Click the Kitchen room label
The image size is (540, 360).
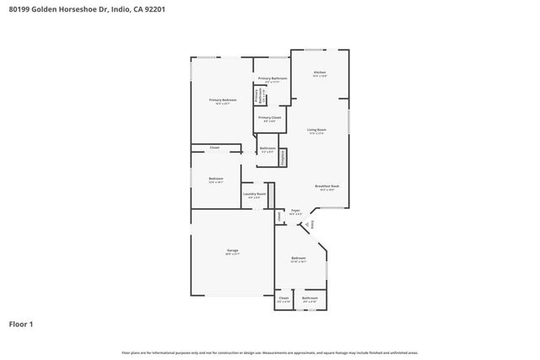click(320, 73)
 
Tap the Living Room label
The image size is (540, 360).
click(318, 129)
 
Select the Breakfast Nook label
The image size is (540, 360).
click(327, 186)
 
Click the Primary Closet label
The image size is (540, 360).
click(269, 118)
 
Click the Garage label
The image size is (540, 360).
click(232, 250)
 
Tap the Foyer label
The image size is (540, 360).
click(295, 210)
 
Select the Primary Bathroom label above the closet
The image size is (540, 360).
click(273, 78)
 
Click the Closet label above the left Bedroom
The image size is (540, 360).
click(214, 148)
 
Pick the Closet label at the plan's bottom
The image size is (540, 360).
click(283, 298)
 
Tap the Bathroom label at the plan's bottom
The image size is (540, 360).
click(310, 298)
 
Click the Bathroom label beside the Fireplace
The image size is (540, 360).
click(267, 149)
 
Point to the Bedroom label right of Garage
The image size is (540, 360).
click(299, 258)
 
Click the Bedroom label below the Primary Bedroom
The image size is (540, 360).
click(216, 179)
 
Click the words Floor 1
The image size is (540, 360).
click(21, 324)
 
